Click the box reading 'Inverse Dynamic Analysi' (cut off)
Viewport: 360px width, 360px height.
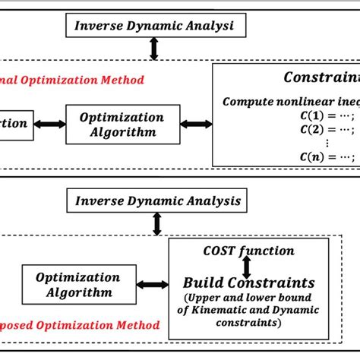153,26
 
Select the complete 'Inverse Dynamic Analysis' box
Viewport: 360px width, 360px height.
156,201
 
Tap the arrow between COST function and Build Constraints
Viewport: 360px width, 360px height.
246,267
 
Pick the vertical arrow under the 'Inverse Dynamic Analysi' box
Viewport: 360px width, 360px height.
155,47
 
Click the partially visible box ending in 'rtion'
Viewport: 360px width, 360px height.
15,122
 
